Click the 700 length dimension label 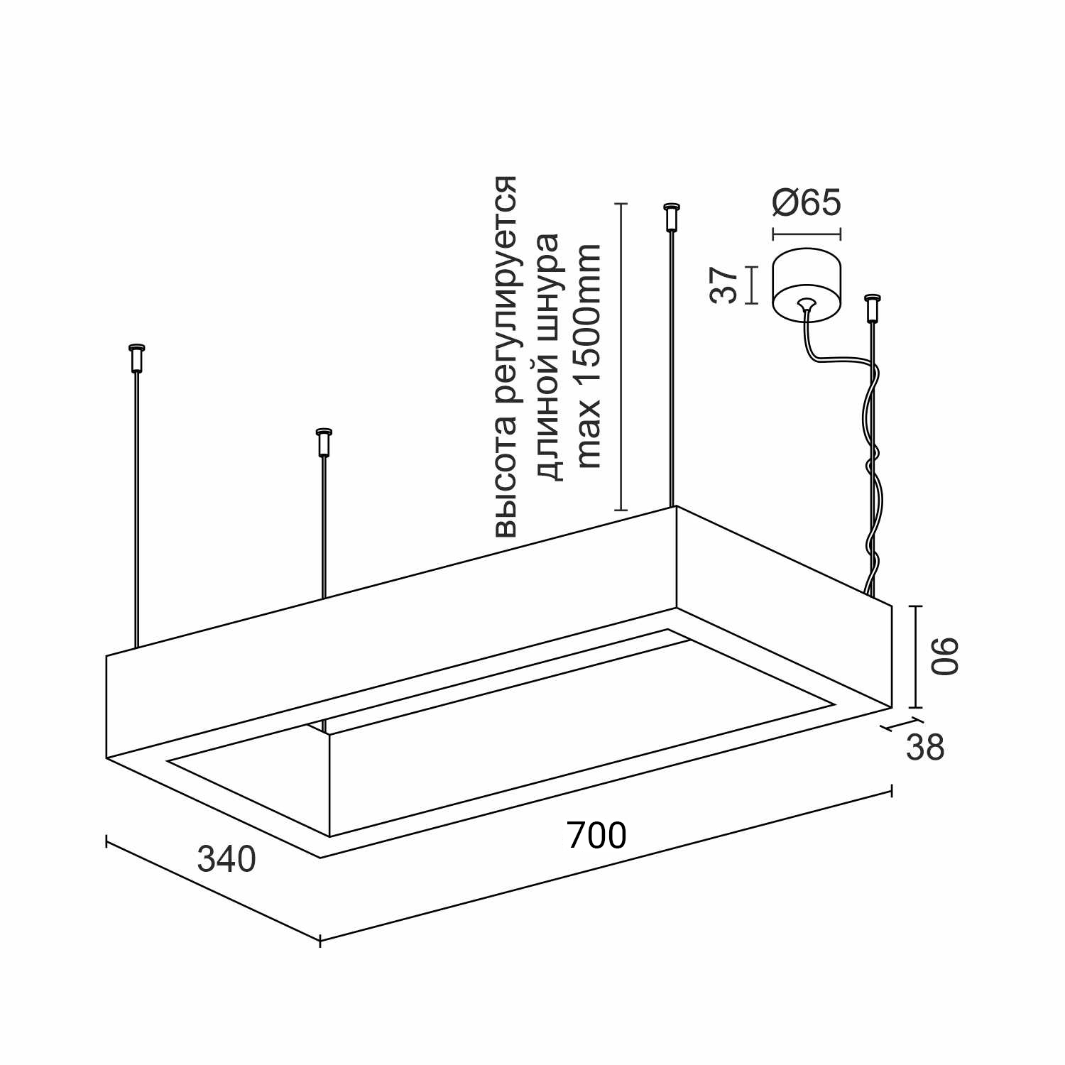(x=596, y=836)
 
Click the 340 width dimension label (x=226, y=860)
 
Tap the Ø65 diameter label (x=807, y=202)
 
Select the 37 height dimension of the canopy (x=725, y=285)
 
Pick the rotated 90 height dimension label (x=945, y=657)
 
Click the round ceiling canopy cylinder (x=807, y=285)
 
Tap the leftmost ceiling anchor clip (x=136, y=359)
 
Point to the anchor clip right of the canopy (x=872, y=309)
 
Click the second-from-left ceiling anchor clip (x=324, y=443)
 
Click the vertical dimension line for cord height (x=621, y=357)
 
